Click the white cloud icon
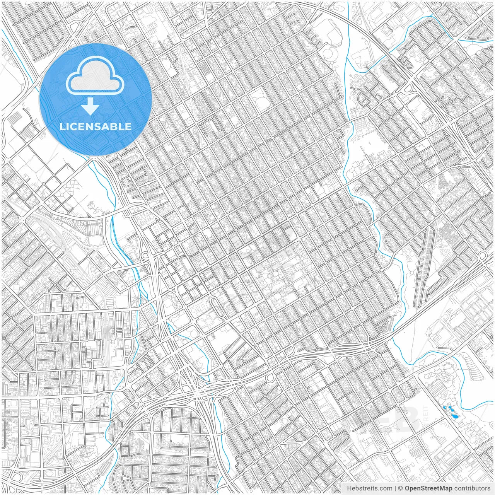(x=95, y=76)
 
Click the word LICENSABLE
(x=95, y=127)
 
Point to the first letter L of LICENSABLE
(x=61, y=127)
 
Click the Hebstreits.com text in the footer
(x=369, y=488)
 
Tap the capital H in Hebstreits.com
(x=349, y=488)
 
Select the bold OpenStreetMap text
(x=428, y=488)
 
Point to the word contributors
(x=472, y=488)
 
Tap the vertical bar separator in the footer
(x=396, y=488)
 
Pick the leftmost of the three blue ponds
(x=444, y=407)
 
